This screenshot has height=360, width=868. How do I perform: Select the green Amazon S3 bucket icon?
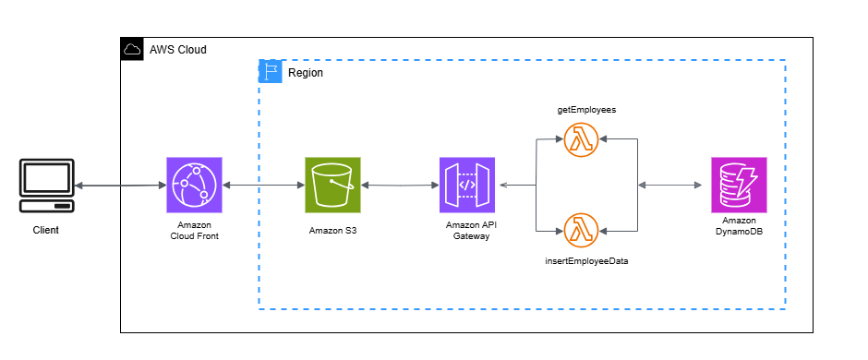[332, 185]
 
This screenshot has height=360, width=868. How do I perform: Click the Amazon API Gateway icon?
[467, 185]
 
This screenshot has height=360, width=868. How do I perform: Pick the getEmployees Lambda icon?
[581, 140]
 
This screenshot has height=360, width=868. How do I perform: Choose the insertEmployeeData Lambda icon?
[581, 229]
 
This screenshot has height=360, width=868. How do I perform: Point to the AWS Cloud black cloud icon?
[132, 49]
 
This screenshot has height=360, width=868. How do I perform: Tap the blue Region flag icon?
[270, 72]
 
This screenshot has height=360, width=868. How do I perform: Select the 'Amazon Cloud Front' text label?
[195, 231]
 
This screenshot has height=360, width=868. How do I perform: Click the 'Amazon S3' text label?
[332, 230]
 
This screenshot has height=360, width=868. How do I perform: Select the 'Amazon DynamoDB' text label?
[739, 226]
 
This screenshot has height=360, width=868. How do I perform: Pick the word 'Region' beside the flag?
[306, 72]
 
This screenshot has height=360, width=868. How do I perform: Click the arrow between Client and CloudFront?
[119, 186]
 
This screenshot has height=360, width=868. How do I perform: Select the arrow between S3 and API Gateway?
[400, 186]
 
